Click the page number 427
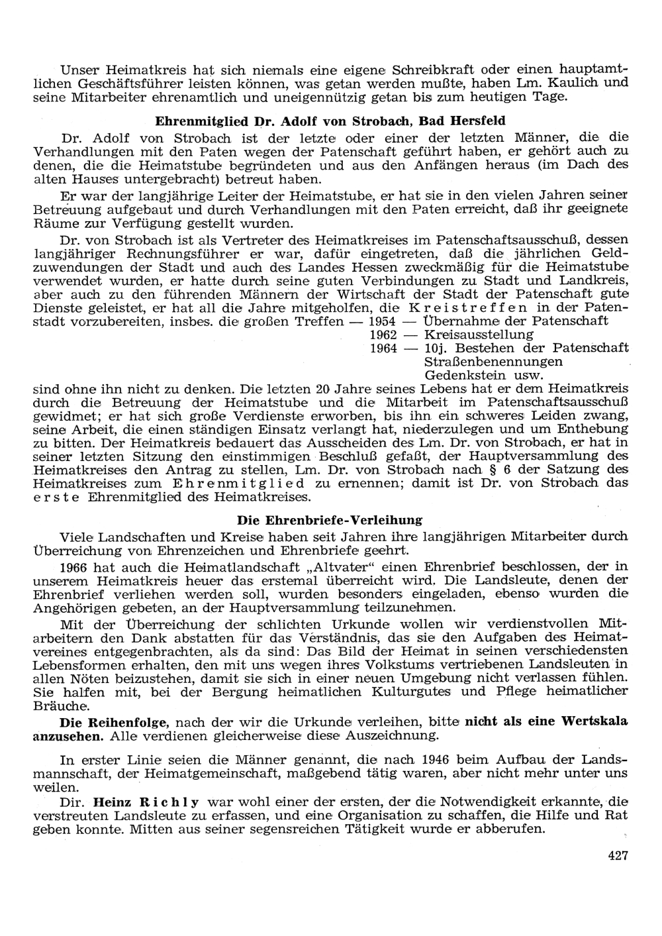617,855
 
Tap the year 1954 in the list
382,321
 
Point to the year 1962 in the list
382,335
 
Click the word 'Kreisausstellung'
478,335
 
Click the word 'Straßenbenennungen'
493,362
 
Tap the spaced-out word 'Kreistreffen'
469,308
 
